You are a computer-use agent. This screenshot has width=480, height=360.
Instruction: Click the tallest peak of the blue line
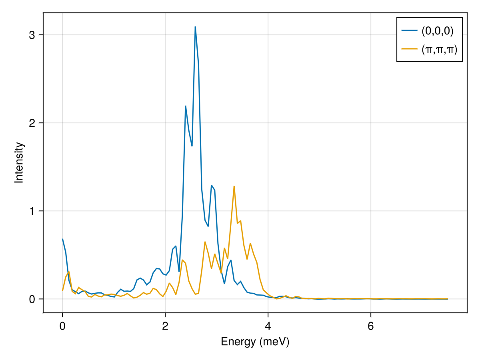coord(195,27)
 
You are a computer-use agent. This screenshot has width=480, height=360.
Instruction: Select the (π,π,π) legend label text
coord(439,49)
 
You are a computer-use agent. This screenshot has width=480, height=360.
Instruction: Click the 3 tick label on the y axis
coord(32,35)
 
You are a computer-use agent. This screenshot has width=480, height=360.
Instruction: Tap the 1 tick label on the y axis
coord(32,211)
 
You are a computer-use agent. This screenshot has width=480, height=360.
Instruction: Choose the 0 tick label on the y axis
coord(32,299)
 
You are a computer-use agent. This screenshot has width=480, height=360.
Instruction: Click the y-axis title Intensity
coord(19,163)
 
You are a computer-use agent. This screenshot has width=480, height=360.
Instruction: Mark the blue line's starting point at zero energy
coord(62,239)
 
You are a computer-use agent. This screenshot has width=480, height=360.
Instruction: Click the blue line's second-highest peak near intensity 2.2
coord(186,106)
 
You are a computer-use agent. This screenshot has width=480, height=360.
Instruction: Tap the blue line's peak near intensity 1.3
coord(212,185)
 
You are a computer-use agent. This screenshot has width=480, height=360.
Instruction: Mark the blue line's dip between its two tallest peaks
coord(192,146)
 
